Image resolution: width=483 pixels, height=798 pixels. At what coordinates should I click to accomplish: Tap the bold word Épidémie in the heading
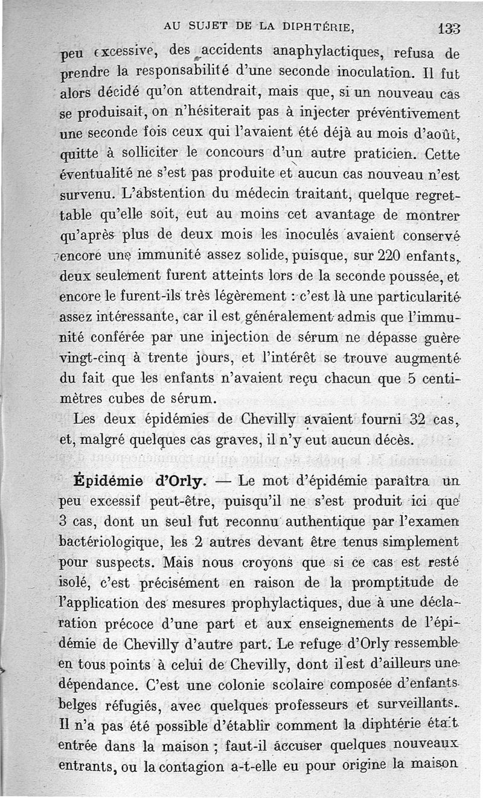pos(110,481)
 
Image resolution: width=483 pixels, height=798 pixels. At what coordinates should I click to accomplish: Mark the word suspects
pos(124,562)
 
